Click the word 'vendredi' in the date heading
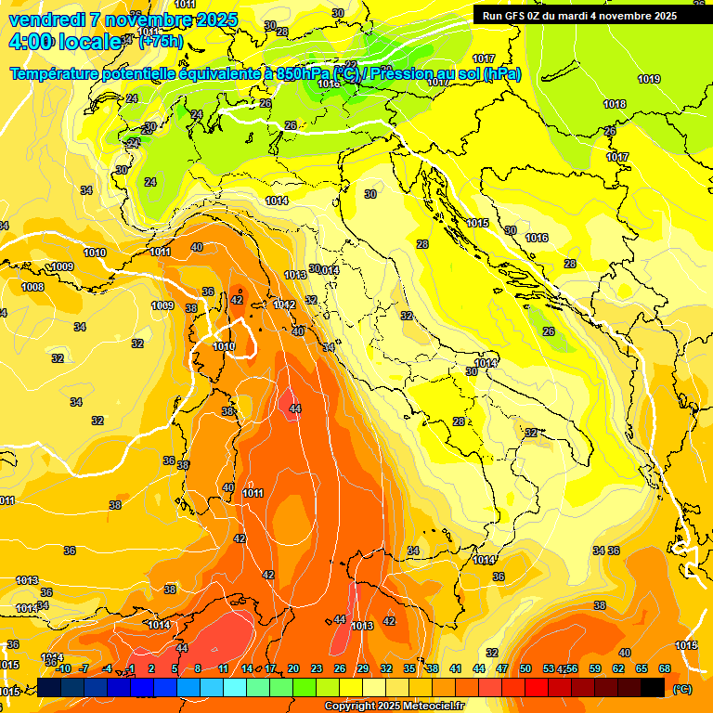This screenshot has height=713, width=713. [x=46, y=19]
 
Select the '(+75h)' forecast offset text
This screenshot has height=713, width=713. [x=160, y=42]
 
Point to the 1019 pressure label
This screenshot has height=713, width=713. [x=649, y=79]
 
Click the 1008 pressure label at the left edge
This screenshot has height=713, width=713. [x=32, y=287]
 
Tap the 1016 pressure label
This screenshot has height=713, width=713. [x=537, y=238]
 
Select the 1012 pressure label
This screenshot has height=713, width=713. [x=284, y=305]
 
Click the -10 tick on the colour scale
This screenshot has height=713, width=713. [x=63, y=668]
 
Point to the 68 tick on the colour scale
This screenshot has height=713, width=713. [x=665, y=668]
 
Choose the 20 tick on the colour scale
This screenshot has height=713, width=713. [x=293, y=668]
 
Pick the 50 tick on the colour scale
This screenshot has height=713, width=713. [x=525, y=668]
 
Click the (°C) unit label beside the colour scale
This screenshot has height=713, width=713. [x=681, y=689]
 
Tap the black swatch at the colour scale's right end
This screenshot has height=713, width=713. [x=653, y=688]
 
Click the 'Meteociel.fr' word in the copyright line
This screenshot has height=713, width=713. [x=433, y=706]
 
